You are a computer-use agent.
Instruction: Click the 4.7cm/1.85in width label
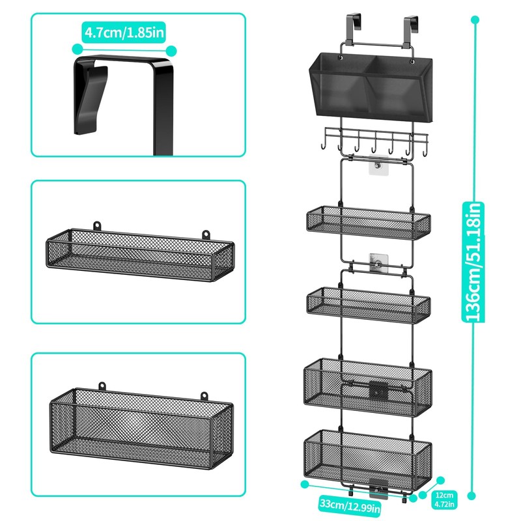(x=123, y=31)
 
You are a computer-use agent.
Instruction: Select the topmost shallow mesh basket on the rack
(x=368, y=222)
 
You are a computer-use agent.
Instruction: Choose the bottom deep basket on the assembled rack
(x=368, y=457)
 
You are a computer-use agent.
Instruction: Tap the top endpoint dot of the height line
(x=475, y=20)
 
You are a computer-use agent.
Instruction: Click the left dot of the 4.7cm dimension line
(x=77, y=49)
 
